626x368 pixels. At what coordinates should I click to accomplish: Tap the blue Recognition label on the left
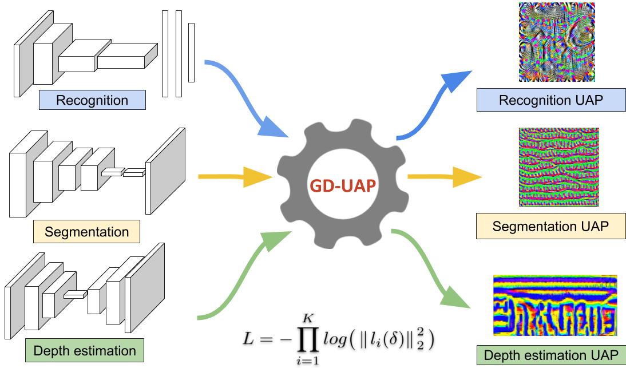92,101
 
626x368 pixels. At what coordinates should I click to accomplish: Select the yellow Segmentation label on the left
86,232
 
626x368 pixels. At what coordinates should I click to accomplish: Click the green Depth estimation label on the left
85,351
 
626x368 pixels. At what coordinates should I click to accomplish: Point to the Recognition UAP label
551,100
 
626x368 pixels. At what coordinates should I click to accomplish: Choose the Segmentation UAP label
550,227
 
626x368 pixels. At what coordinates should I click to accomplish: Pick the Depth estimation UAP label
550,355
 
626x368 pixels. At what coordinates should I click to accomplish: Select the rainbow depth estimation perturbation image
555,305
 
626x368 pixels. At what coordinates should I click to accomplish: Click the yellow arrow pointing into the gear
235,177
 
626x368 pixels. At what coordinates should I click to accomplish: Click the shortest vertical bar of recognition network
191,52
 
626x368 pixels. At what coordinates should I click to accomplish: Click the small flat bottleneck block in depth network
74,295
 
